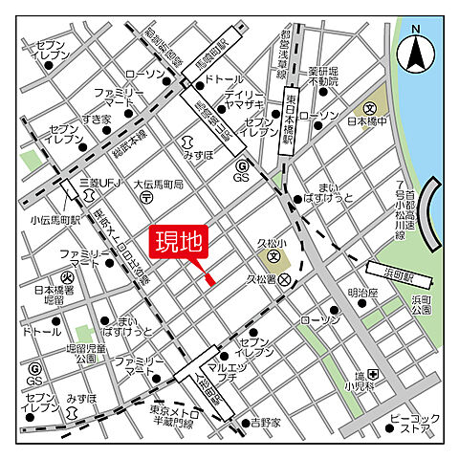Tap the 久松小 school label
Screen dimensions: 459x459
point(273,243)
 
